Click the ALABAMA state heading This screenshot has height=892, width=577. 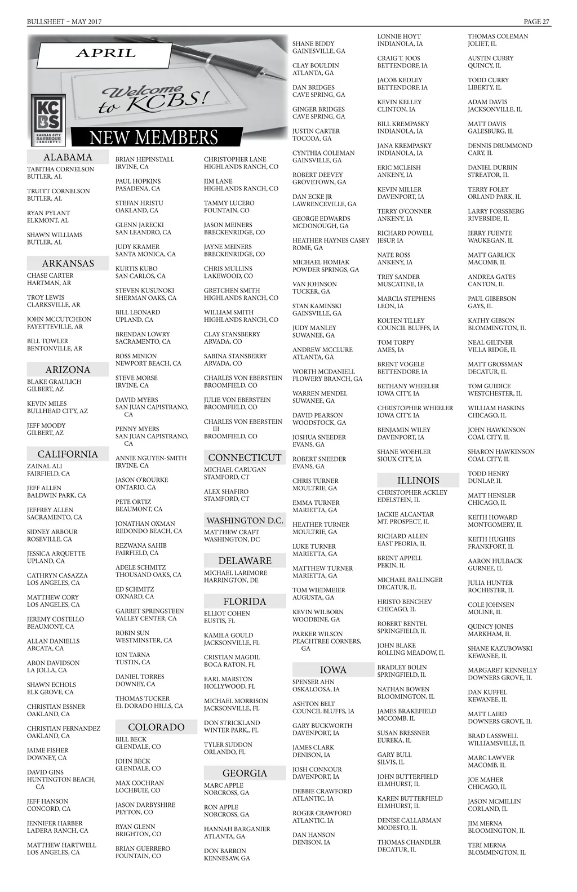[x=68, y=157]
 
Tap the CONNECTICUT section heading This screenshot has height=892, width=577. [x=245, y=458]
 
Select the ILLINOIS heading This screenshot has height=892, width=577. [x=418, y=481]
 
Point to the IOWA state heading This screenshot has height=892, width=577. [x=333, y=670]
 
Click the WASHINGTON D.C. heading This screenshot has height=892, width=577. [x=245, y=521]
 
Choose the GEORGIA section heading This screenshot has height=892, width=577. [x=245, y=773]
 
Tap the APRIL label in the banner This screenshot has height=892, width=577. [x=106, y=54]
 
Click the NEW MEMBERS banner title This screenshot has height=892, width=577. [x=153, y=137]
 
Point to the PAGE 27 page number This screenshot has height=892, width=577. [x=536, y=22]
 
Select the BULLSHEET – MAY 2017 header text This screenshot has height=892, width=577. [x=64, y=22]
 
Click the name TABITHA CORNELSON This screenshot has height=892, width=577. [x=61, y=169]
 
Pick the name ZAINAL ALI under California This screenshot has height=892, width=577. [x=45, y=466]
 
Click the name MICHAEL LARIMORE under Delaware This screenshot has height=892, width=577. [x=236, y=573]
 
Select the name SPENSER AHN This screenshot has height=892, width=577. [x=313, y=682]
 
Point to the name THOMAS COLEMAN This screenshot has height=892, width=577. [x=498, y=37]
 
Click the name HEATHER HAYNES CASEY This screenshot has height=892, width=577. [x=331, y=241]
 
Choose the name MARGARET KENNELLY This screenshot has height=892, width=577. [x=503, y=671]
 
